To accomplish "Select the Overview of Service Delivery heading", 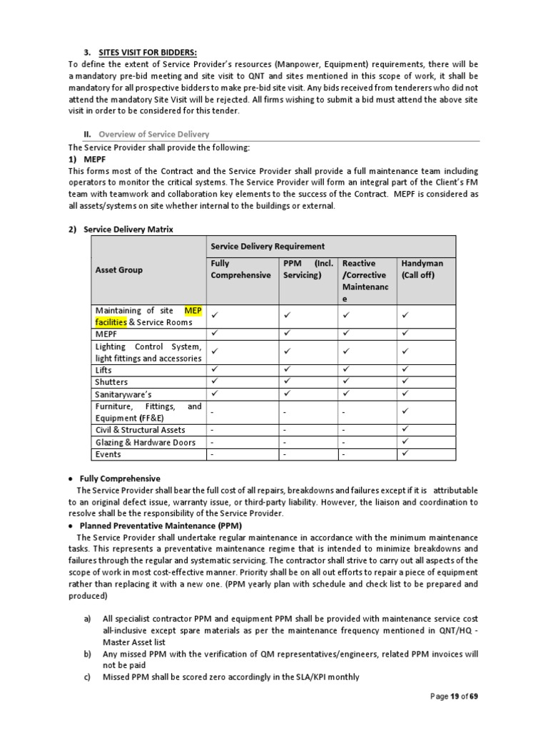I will [x=154, y=134].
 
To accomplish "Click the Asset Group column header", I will [x=118, y=269].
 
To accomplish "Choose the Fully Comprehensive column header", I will [x=240, y=269].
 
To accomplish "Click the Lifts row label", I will [x=103, y=370].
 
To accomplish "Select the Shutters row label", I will [x=111, y=382].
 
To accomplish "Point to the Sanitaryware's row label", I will [x=123, y=394].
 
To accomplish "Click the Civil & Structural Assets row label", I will [x=140, y=430].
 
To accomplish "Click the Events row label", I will [x=108, y=454].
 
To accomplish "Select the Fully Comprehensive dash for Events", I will [x=213, y=454].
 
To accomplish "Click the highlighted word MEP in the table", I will [x=193, y=310].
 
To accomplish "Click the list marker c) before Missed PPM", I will [x=87, y=677].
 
